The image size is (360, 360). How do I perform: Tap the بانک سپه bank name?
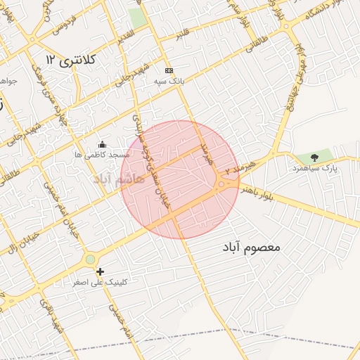click(169, 81)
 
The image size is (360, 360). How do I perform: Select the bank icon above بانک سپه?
click(169, 71)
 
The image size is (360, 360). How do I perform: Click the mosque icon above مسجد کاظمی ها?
click(103, 144)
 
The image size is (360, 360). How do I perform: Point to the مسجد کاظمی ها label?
click(103, 153)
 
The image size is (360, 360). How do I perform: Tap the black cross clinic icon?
click(100, 271)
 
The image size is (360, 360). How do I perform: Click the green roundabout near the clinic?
click(90, 260)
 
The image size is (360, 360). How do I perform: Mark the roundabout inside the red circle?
click(221, 185)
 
